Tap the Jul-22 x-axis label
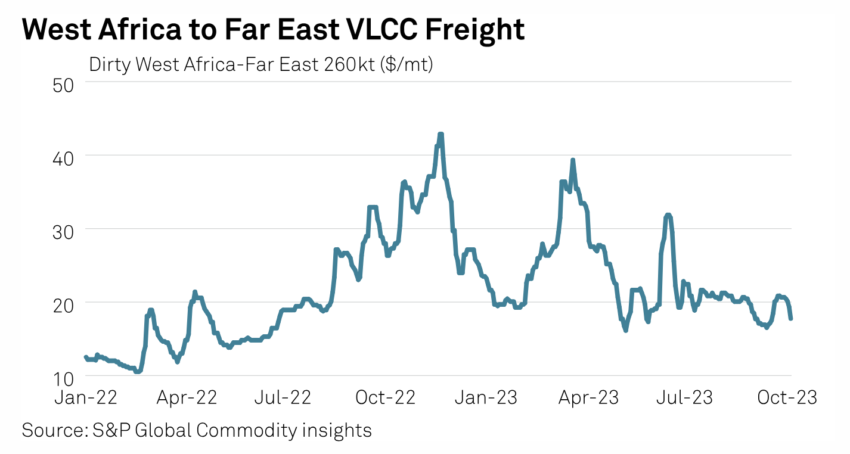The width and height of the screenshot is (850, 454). click(x=283, y=398)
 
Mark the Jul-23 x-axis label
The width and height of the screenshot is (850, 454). click(x=684, y=398)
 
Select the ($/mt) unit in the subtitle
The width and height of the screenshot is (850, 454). click(x=407, y=64)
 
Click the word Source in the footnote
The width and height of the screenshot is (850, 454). click(x=47, y=430)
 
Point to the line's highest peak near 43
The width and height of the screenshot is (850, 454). click(x=440, y=134)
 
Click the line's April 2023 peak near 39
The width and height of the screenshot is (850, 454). click(x=572, y=160)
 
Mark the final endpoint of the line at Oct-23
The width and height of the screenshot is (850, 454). click(x=790, y=319)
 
